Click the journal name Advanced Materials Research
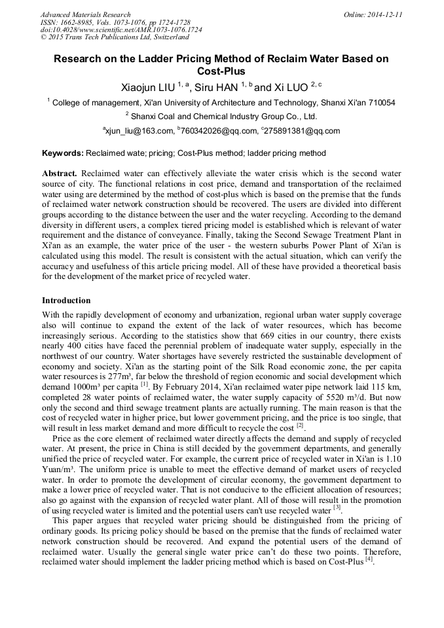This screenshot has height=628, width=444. (85, 14)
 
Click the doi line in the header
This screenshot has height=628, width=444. (121, 30)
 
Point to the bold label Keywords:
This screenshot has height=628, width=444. (63, 153)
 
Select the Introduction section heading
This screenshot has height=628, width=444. (66, 301)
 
